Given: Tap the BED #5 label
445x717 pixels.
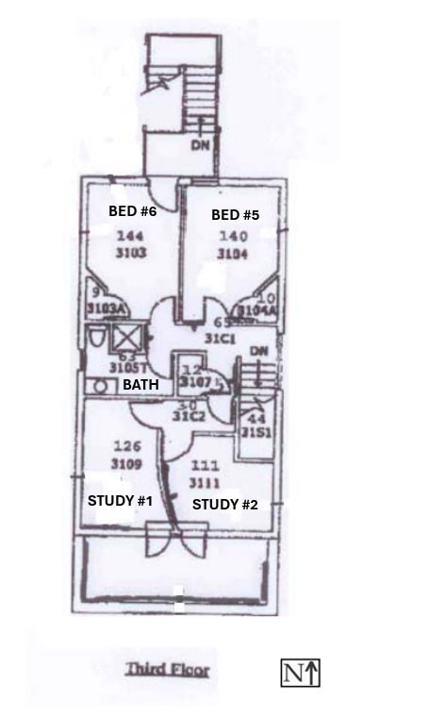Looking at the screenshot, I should click(235, 215).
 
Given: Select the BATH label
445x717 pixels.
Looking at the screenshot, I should click(140, 385).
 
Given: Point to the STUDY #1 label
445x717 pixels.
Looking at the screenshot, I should click(120, 500).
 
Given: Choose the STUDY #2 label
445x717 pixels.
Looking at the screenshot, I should click(224, 505).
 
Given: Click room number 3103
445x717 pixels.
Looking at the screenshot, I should click(131, 254).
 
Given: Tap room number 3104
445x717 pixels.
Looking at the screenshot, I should click(232, 255).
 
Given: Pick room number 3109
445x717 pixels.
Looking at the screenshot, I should click(126, 464).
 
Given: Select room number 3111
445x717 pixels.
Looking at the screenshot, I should click(206, 482).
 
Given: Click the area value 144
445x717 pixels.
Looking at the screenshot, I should click(130, 236).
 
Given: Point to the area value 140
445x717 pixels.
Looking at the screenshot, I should click(232, 237).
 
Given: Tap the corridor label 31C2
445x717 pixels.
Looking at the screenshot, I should click(189, 416).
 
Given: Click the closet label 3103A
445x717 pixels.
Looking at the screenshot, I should click(106, 308).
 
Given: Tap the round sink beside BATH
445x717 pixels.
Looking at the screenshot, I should click(98, 386).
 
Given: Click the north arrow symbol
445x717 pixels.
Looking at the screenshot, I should click(302, 673).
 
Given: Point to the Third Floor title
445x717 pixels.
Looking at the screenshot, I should click(168, 670).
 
